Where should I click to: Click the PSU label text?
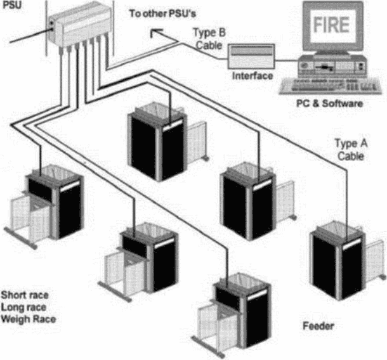(x=11, y=4)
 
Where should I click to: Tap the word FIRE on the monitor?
(x=331, y=25)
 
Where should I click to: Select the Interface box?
(x=251, y=56)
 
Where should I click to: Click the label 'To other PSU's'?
(x=162, y=13)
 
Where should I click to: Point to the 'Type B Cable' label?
(x=209, y=39)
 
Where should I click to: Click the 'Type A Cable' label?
(x=351, y=150)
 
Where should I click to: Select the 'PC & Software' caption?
(x=329, y=103)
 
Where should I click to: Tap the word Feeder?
(x=318, y=326)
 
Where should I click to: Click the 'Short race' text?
(x=25, y=295)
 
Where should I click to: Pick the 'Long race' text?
(x=23, y=307)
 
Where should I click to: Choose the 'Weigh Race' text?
(x=29, y=319)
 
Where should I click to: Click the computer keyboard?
(x=331, y=86)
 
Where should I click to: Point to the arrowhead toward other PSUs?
(x=154, y=33)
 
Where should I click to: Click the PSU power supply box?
(x=79, y=27)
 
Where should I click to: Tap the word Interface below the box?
(x=253, y=75)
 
